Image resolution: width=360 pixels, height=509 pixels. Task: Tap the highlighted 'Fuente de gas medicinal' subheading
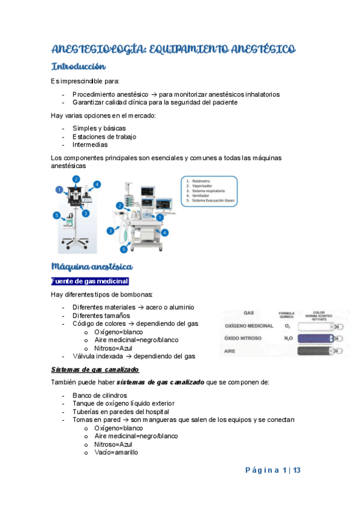click(x=90, y=281)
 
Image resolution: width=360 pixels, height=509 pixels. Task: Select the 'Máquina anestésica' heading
click(x=92, y=266)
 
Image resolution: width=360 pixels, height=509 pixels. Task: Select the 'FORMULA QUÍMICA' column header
click(x=286, y=315)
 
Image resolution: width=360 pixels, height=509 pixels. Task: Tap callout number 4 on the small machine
click(x=97, y=184)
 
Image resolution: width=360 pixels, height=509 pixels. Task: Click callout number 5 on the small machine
click(x=56, y=215)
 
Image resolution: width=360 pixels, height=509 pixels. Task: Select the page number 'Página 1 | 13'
click(x=272, y=471)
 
